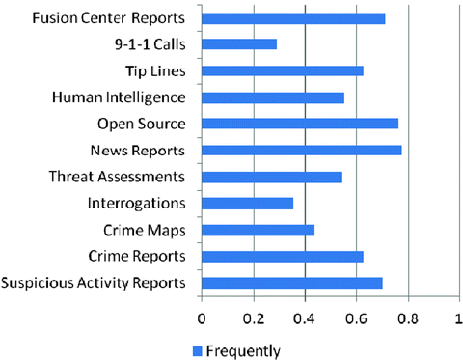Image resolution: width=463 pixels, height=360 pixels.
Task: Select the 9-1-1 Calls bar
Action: point(239,44)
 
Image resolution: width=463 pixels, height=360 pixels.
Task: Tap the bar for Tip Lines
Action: point(283,70)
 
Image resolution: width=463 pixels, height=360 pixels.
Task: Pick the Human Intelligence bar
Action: point(273,97)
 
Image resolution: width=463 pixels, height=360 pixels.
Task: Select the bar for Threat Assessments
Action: point(272,177)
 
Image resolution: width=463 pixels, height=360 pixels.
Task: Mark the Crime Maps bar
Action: point(258,229)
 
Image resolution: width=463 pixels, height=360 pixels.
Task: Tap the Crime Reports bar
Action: point(283,256)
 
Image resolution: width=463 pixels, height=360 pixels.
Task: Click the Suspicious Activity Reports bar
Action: point(292,282)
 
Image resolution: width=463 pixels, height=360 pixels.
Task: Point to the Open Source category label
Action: point(143,124)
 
